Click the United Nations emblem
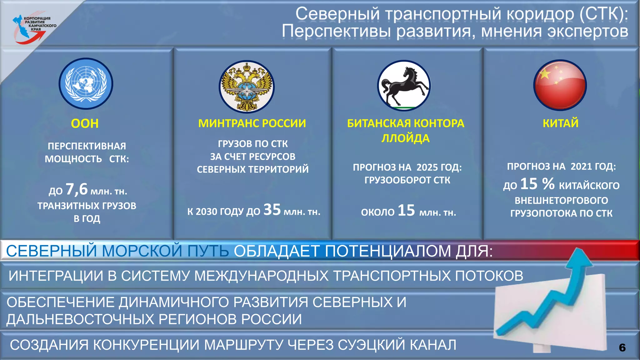[x=86, y=83]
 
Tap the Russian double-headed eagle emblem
[x=247, y=87]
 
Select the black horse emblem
[x=404, y=86]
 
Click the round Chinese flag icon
[x=560, y=85]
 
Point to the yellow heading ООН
[x=85, y=124]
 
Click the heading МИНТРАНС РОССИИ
[x=252, y=123]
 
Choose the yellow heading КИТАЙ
[x=561, y=123]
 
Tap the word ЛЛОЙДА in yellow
[x=405, y=138]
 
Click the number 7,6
[x=77, y=189]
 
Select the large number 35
[x=272, y=210]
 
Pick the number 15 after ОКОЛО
[x=406, y=211]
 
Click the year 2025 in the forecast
[x=427, y=167]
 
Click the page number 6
[x=622, y=347]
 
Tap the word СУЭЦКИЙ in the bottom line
[x=372, y=345]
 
